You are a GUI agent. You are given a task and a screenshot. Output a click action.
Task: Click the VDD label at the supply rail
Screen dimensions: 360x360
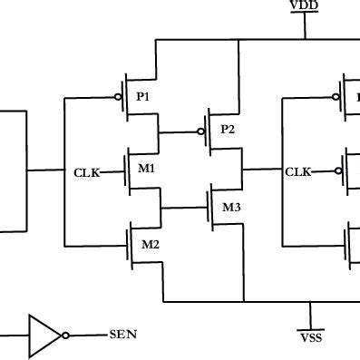point(305,7)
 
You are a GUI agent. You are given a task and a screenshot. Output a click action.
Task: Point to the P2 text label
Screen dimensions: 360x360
point(228,130)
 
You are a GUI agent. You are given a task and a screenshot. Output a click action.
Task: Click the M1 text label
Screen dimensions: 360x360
point(147,169)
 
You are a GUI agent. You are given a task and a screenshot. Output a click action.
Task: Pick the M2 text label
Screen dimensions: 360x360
point(150,244)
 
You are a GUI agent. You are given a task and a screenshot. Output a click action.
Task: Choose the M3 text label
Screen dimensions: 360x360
point(232,208)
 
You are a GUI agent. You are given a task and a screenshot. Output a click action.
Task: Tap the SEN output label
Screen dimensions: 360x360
point(123,335)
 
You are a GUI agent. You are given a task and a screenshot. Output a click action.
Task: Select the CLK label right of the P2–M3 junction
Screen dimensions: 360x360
point(298,170)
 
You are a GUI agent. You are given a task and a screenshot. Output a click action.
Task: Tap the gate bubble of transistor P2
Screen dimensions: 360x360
point(199,131)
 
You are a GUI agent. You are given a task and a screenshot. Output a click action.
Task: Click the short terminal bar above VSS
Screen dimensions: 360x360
point(310,328)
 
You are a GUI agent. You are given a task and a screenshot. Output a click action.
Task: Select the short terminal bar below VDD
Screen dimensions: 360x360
point(305,15)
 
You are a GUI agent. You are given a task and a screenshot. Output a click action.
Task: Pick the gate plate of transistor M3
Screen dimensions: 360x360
point(207,208)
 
